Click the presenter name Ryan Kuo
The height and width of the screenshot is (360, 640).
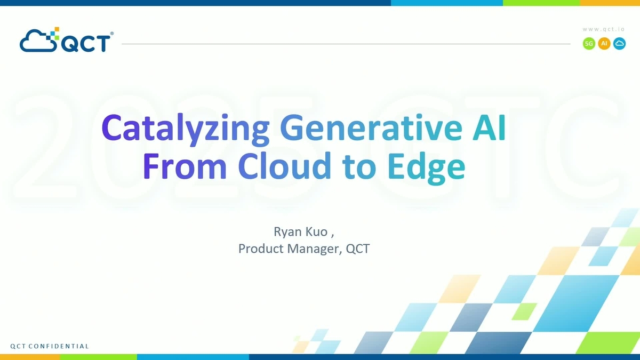[299, 231]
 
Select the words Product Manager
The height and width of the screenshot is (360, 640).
[288, 249]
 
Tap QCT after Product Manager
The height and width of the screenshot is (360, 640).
[358, 249]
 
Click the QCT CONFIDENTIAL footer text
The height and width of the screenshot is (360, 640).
[50, 346]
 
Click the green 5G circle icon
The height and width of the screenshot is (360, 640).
[589, 44]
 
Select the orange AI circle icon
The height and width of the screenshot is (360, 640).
[604, 44]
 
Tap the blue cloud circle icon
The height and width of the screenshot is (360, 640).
[619, 44]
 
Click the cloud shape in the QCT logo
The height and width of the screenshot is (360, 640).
[37, 41]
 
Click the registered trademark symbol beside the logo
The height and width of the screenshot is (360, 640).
[111, 34]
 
